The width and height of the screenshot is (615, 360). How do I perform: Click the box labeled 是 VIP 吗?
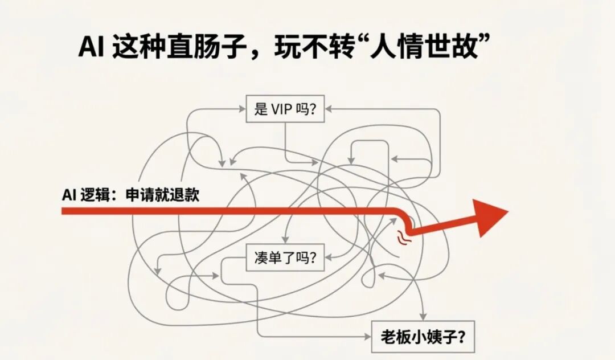coord(285,109)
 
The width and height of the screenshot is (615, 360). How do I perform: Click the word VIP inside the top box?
coord(282,109)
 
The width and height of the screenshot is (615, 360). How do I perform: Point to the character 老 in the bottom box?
coord(388,336)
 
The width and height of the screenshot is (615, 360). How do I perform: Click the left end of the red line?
coord(64,211)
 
